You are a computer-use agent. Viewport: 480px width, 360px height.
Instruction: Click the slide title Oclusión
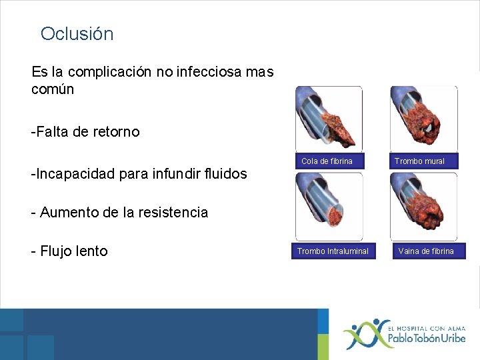(x=77, y=34)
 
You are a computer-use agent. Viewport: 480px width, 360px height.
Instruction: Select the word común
(x=53, y=89)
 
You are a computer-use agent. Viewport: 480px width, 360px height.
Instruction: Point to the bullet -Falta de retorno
(x=85, y=132)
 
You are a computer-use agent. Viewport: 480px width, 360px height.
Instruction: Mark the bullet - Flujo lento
(x=69, y=251)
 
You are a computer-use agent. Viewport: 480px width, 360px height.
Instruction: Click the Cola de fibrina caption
(x=327, y=161)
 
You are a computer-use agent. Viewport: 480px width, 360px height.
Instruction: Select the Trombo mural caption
(x=419, y=161)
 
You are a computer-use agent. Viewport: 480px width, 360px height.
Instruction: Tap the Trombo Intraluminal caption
(x=333, y=251)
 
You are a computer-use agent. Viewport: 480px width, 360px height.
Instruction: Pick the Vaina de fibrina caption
(x=425, y=251)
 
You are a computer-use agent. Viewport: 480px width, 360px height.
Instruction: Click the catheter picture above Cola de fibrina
(x=329, y=119)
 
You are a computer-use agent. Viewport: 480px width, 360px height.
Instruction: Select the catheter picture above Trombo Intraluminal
(x=329, y=207)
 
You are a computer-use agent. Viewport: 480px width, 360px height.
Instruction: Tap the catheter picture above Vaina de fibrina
(x=423, y=207)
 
